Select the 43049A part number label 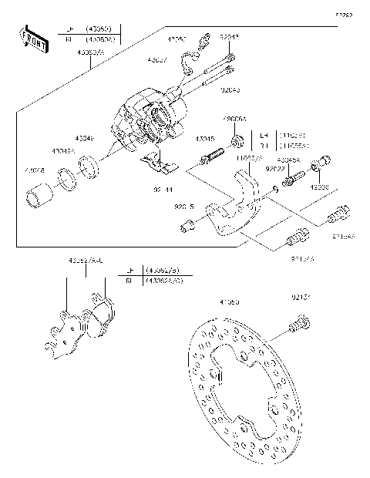[x=64, y=151]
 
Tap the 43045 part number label [x=204, y=139]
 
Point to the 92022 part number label [x=275, y=168]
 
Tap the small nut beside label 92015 [x=185, y=225]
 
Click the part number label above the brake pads [x=86, y=261]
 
